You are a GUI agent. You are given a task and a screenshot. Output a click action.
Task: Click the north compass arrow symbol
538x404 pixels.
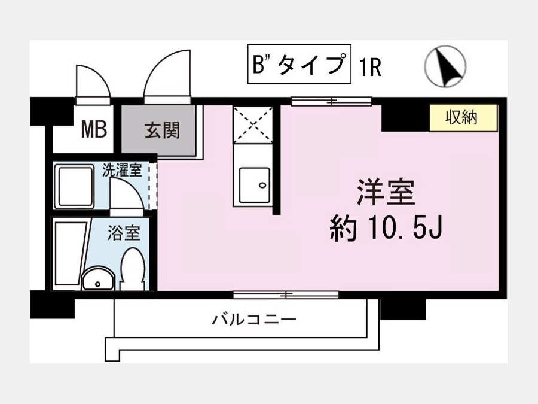pyautogui.click(x=445, y=66)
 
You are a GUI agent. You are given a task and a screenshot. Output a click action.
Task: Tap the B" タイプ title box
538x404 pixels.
pyautogui.click(x=299, y=64)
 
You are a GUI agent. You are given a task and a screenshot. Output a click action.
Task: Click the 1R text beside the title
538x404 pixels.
pyautogui.click(x=370, y=68)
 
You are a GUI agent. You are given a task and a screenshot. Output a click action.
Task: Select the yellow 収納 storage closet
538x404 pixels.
pyautogui.click(x=463, y=118)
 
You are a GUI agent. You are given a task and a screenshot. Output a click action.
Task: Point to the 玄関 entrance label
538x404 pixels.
pyautogui.click(x=162, y=130)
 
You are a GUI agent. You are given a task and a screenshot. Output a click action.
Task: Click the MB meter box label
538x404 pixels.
pyautogui.click(x=94, y=129)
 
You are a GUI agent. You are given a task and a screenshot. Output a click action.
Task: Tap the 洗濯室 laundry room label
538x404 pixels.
pyautogui.click(x=122, y=171)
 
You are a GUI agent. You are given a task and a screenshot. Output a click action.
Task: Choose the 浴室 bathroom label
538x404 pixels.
pyautogui.click(x=124, y=232)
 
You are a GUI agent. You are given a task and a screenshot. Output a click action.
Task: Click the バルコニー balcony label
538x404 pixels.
pyautogui.click(x=253, y=320)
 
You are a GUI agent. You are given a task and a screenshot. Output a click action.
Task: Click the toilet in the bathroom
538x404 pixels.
pyautogui.click(x=133, y=269)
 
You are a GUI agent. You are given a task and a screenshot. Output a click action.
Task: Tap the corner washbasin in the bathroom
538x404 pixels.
pyautogui.click(x=98, y=278)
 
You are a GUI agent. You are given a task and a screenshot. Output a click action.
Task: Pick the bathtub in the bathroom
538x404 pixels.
pyautogui.click(x=70, y=254)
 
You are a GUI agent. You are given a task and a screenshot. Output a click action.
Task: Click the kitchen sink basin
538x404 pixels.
pyautogui.click(x=254, y=185)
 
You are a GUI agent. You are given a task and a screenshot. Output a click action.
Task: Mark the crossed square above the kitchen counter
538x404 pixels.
pyautogui.click(x=253, y=124)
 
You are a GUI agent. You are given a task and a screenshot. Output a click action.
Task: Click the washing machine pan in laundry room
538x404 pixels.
pyautogui.click(x=75, y=186)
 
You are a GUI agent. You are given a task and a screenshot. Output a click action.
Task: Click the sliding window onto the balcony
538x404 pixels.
pyautogui.click(x=286, y=294)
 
